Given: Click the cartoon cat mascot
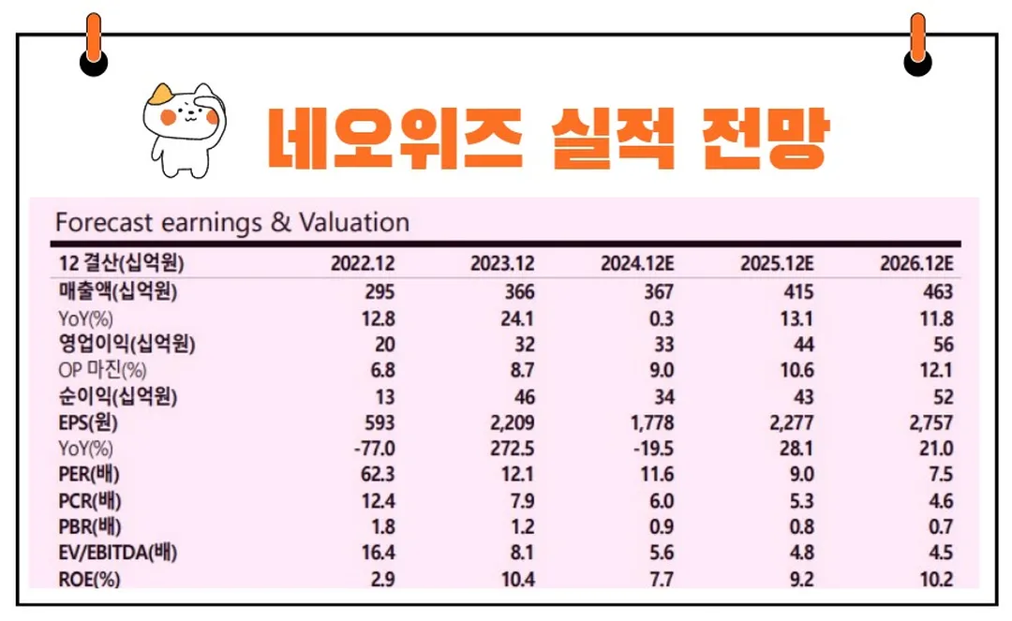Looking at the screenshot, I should [182, 127].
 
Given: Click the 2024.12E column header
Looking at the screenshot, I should [637, 262].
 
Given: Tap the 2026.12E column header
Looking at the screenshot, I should [915, 262].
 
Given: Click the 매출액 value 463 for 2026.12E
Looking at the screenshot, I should [936, 291].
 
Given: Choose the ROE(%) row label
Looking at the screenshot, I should [88, 580].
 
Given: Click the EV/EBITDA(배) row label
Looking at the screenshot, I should [117, 553].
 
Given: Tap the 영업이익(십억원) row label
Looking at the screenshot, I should [126, 344].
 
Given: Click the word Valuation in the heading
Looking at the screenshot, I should [354, 223].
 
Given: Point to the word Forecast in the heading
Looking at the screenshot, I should [103, 223].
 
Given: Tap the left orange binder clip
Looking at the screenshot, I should [94, 43].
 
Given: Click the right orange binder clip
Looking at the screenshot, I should [917, 43].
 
